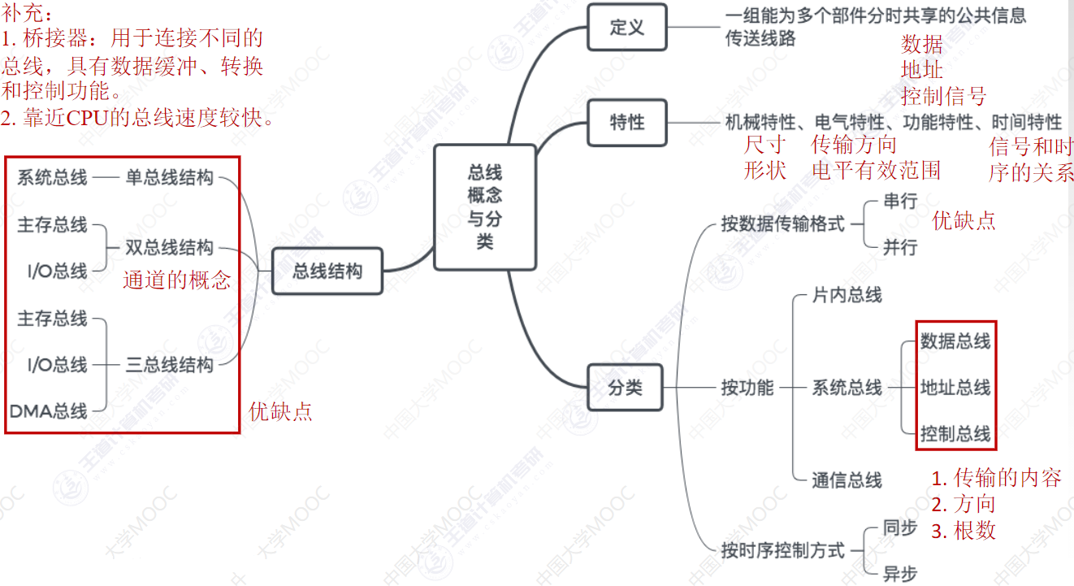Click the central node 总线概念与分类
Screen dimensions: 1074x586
(x=485, y=207)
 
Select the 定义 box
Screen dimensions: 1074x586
(x=626, y=27)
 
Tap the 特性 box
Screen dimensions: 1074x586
(x=626, y=123)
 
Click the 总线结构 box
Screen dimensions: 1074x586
(x=327, y=271)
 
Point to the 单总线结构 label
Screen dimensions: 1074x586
(x=170, y=177)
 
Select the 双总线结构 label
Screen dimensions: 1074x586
(x=170, y=247)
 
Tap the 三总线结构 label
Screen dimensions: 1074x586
(x=170, y=364)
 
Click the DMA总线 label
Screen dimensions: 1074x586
(x=49, y=411)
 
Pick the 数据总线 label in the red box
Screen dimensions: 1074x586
(x=955, y=341)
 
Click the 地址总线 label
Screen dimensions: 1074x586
(x=955, y=387)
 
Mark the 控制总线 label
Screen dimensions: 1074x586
(x=955, y=434)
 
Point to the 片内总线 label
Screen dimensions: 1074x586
(x=847, y=295)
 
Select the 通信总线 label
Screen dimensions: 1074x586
(x=847, y=480)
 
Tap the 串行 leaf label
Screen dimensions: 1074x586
(x=899, y=202)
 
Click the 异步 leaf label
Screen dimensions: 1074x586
(x=899, y=574)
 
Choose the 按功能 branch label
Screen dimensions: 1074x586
(x=747, y=388)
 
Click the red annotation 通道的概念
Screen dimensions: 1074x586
(x=177, y=280)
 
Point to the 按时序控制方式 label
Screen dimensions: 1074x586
(x=782, y=550)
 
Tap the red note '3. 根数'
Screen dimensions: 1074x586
(x=964, y=531)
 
